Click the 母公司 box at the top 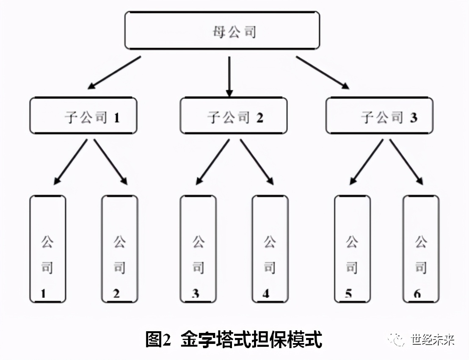(222, 30)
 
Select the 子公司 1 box (83, 116)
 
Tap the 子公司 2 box (233, 116)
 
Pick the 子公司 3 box (379, 116)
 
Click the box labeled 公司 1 (47, 249)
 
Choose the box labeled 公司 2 (119, 249)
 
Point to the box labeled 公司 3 (198, 249)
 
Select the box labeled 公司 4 (270, 249)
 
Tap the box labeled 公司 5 (352, 249)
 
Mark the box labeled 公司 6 (421, 249)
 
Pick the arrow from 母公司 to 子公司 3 (323, 72)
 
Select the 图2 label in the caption (157, 339)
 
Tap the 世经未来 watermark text (432, 340)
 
